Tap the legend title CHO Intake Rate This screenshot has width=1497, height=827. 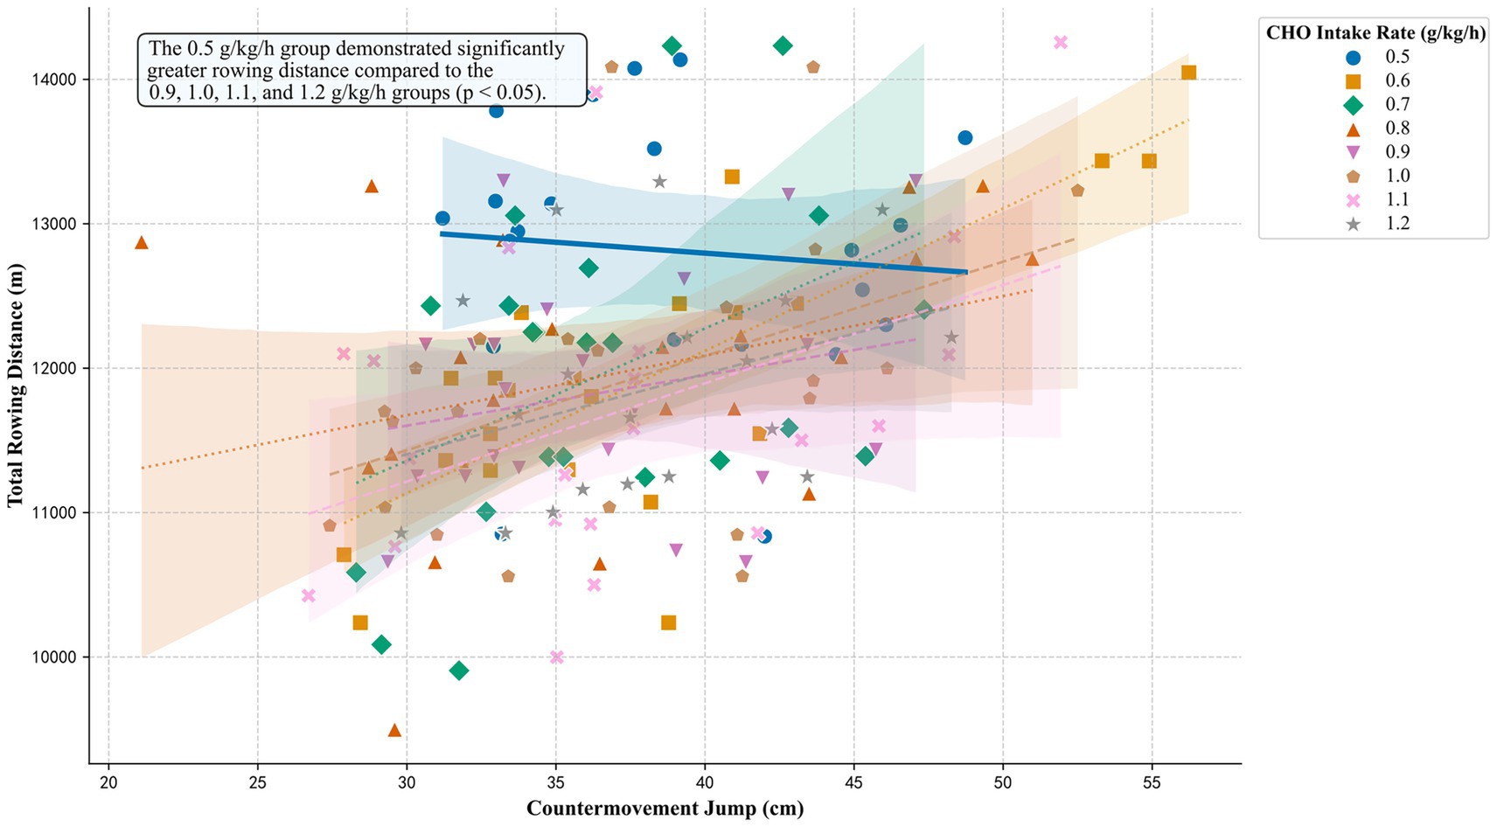pyautogui.click(x=1375, y=33)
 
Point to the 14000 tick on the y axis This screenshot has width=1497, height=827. pyautogui.click(x=53, y=80)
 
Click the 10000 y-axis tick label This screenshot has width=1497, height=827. pyautogui.click(x=53, y=657)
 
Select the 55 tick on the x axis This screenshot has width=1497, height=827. pyautogui.click(x=1152, y=782)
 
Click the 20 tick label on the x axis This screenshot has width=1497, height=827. pyautogui.click(x=108, y=782)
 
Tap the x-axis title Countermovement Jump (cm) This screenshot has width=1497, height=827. pyautogui.click(x=665, y=809)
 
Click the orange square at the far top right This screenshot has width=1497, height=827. pyautogui.click(x=1188, y=73)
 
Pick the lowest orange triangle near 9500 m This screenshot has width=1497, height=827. pyautogui.click(x=394, y=730)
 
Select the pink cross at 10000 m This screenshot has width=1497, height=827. pyautogui.click(x=557, y=657)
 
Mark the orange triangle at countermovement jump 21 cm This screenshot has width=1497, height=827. pyautogui.click(x=142, y=243)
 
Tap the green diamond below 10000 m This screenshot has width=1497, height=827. pyautogui.click(x=459, y=671)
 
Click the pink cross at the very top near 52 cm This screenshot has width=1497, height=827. pyautogui.click(x=1061, y=42)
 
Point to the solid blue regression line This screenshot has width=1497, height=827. pyautogui.click(x=700, y=253)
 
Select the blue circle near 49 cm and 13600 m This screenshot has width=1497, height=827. pyautogui.click(x=964, y=137)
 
